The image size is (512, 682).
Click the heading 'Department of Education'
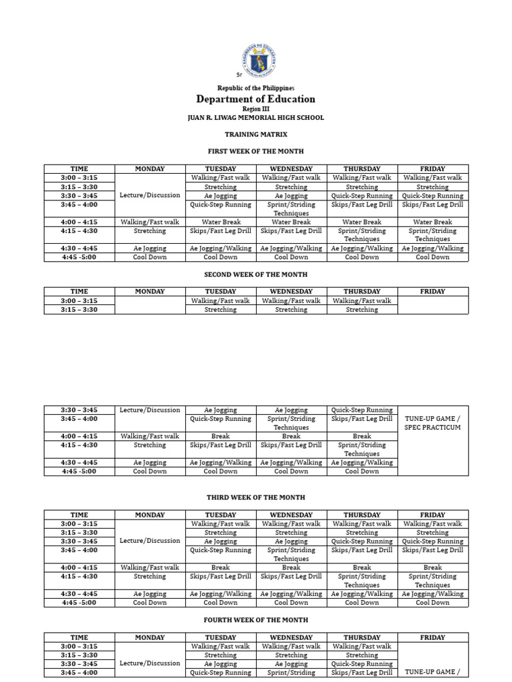point(255,99)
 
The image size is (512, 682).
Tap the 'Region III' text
point(255,109)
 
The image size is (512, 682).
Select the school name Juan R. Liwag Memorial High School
point(255,118)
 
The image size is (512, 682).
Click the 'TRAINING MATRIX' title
point(255,135)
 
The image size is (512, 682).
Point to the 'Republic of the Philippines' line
point(255,88)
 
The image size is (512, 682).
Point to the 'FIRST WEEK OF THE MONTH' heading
point(255,151)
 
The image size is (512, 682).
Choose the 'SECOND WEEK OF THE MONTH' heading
point(255,274)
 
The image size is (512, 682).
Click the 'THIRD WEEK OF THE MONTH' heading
point(255,498)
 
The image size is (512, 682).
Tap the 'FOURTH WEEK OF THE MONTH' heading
point(255,620)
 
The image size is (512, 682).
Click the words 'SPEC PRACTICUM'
point(433,428)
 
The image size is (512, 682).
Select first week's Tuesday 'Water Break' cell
point(221,222)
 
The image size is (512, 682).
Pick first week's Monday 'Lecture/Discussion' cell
point(150,195)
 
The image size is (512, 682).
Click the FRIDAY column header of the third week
point(433,515)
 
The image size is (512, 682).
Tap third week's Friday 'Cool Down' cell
point(433,603)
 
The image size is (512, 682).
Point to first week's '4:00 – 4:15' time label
point(79,222)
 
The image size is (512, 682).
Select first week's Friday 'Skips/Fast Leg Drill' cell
point(433,204)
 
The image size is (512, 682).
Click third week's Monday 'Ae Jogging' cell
point(150,594)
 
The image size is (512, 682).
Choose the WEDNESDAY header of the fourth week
point(291,637)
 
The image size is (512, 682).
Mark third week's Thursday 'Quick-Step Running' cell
point(362,541)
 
